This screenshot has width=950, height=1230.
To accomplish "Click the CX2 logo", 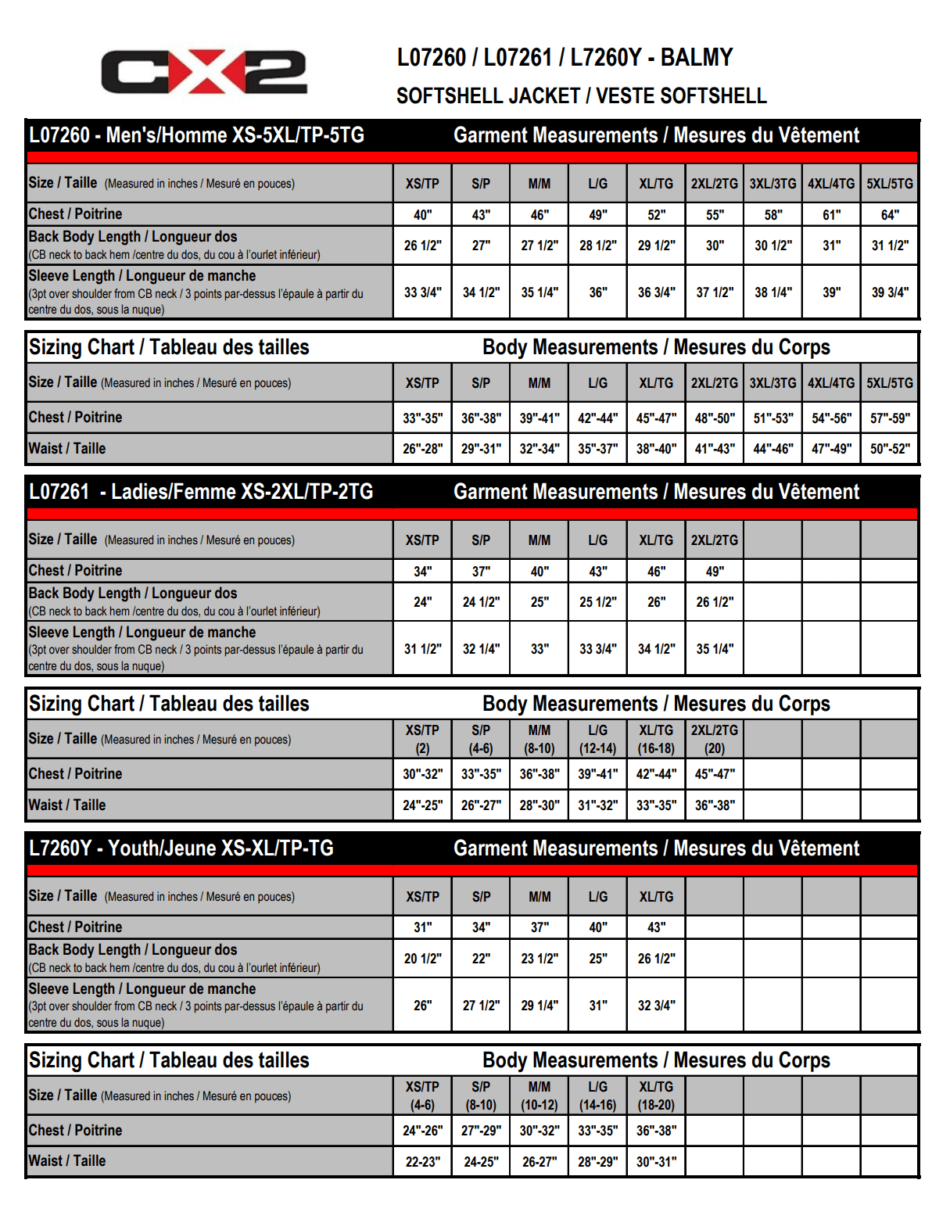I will [204, 73].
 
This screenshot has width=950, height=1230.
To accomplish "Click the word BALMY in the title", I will [697, 58].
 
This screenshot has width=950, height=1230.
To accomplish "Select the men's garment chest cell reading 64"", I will [890, 215].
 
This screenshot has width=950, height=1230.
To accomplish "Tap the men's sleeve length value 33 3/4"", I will [422, 292].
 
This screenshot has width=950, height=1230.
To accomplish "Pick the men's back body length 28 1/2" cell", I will [597, 246].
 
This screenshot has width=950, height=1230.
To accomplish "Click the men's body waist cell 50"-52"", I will [890, 449].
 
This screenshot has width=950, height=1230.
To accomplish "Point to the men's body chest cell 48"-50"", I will [715, 418].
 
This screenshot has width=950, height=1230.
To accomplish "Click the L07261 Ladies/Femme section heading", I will [201, 492].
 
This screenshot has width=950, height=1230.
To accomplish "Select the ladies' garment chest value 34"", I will [422, 572].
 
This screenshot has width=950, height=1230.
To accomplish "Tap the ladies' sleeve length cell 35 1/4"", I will [715, 649].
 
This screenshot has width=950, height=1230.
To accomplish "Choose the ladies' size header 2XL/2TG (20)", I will [715, 739].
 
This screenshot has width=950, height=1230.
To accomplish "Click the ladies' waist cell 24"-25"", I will [422, 805].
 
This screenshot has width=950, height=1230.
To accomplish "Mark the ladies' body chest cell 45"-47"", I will [715, 774].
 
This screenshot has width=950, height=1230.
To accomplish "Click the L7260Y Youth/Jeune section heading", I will [181, 848].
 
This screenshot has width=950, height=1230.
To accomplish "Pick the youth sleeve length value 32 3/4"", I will [656, 1006].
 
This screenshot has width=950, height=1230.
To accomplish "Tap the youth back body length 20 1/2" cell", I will [422, 959].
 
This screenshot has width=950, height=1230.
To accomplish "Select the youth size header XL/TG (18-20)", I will [656, 1096].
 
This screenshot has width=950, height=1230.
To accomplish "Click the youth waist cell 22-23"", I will [422, 1162].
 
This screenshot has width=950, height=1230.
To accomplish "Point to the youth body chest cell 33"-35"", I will [597, 1131].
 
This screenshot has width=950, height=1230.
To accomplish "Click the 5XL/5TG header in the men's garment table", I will [890, 184].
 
